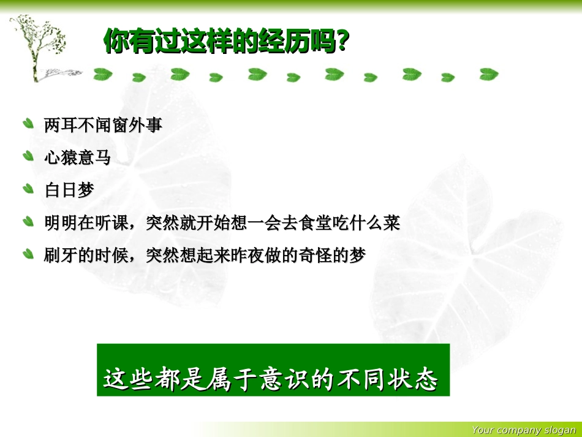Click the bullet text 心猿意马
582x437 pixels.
(x=77, y=158)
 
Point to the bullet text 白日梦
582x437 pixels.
(x=69, y=190)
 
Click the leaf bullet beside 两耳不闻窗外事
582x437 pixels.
(x=28, y=124)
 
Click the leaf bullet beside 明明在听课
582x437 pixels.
(x=28, y=221)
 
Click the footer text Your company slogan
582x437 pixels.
(x=524, y=430)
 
